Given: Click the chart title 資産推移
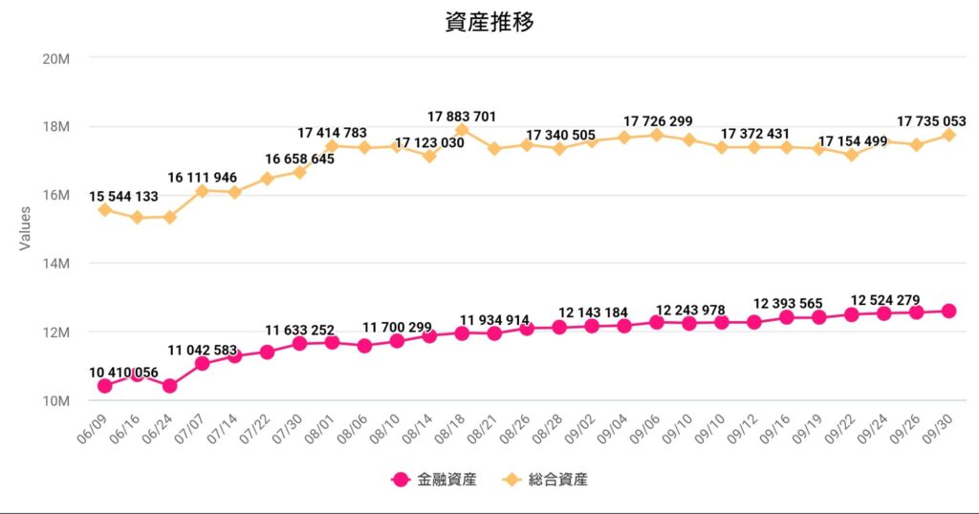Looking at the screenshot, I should pos(489,23).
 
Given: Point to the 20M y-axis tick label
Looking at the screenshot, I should pos(57,58).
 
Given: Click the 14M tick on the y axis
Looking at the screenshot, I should pos(57,264).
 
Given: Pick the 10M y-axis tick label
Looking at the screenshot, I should pos(57,401).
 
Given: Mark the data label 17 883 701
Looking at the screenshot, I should pos(462,117).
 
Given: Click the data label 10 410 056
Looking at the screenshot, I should pos(124,373).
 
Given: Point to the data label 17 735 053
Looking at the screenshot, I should pos(932,121).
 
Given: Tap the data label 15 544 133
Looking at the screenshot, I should pos(124,197).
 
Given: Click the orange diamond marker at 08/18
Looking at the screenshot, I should pos(462,131).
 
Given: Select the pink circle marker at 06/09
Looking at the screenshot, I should pos(105,386).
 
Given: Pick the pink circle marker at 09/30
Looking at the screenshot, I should pos(948,311).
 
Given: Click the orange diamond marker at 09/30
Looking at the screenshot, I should pos(948,135).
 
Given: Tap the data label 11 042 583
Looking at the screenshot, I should pos(203,350).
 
